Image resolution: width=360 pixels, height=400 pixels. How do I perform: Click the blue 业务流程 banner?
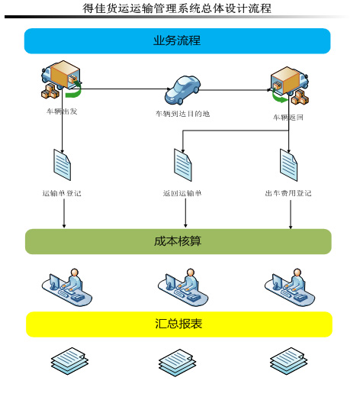click(x=177, y=40)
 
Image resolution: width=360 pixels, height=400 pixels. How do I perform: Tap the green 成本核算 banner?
click(x=178, y=241)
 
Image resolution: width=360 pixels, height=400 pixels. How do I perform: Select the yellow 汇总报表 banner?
click(x=179, y=324)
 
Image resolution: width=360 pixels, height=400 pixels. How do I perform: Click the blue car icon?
click(x=182, y=90)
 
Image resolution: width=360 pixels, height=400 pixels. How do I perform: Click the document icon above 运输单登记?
click(x=62, y=165)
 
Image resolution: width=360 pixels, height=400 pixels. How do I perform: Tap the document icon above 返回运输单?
click(x=182, y=165)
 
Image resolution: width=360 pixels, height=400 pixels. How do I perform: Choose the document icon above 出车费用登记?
click(x=288, y=165)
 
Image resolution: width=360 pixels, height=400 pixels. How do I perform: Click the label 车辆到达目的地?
click(x=182, y=114)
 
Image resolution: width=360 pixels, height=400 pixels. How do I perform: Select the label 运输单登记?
click(x=62, y=193)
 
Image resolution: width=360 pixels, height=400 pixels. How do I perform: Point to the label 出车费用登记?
click(x=288, y=193)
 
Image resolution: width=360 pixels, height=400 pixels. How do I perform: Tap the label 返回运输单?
click(x=182, y=193)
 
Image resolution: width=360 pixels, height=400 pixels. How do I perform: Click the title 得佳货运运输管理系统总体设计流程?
click(x=177, y=8)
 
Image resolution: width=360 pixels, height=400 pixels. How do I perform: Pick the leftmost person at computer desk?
click(x=67, y=287)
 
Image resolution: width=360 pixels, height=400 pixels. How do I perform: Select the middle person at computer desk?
click(x=183, y=287)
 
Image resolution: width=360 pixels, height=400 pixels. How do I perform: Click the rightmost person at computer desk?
click(x=290, y=287)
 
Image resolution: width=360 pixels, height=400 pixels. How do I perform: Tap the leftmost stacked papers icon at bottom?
click(x=69, y=361)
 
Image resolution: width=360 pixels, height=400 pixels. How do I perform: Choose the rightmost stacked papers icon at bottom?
click(x=288, y=361)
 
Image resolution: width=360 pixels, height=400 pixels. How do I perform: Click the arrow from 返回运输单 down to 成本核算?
click(x=185, y=212)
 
